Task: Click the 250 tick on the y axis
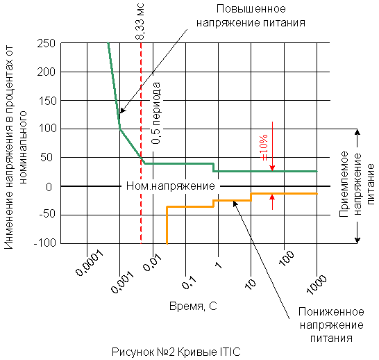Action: [47, 44]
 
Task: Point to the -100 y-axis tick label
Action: [45, 243]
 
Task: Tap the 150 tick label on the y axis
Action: [47, 101]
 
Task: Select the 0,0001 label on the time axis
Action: [90, 263]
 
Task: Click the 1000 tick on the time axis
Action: [317, 284]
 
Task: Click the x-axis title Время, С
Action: [193, 306]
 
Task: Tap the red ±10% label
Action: [264, 147]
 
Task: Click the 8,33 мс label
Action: [140, 22]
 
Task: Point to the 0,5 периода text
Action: [156, 113]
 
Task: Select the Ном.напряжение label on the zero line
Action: [171, 186]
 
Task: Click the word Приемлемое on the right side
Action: [344, 184]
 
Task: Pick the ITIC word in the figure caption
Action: [230, 352]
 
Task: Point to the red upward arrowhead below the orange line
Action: [272, 197]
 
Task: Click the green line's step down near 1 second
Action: [213, 167]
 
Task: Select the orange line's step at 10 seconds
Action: [251, 197]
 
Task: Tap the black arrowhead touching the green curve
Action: [123, 110]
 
